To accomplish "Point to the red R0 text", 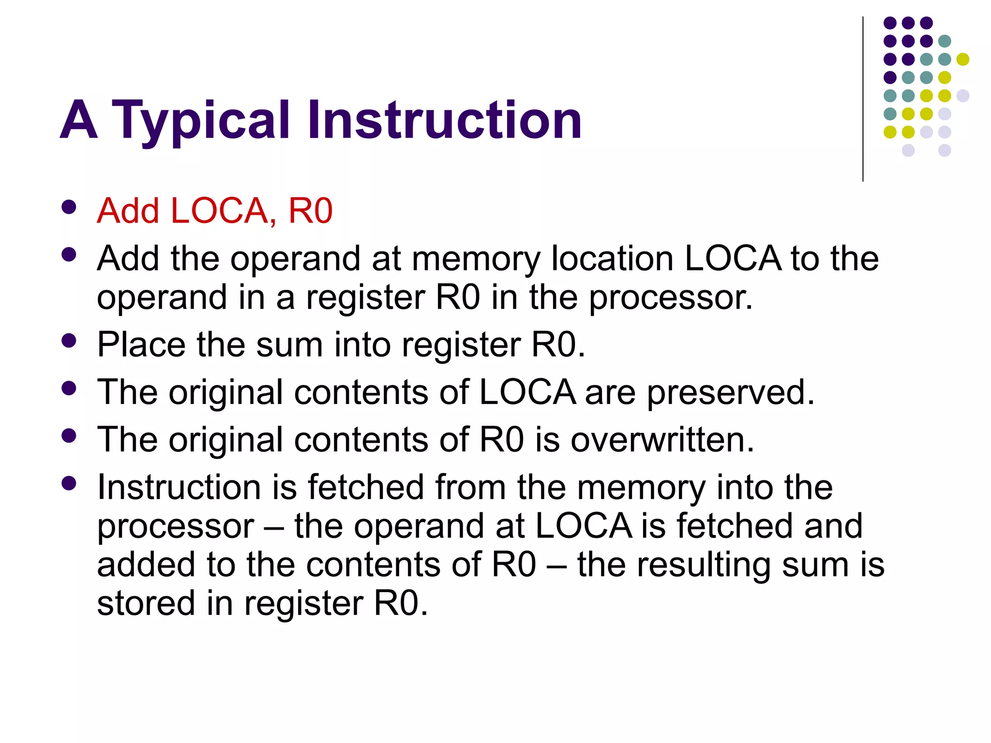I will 310,211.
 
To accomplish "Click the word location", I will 612,258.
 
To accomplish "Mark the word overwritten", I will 662,440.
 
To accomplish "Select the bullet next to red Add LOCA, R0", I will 69,207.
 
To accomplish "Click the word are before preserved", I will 610,393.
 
